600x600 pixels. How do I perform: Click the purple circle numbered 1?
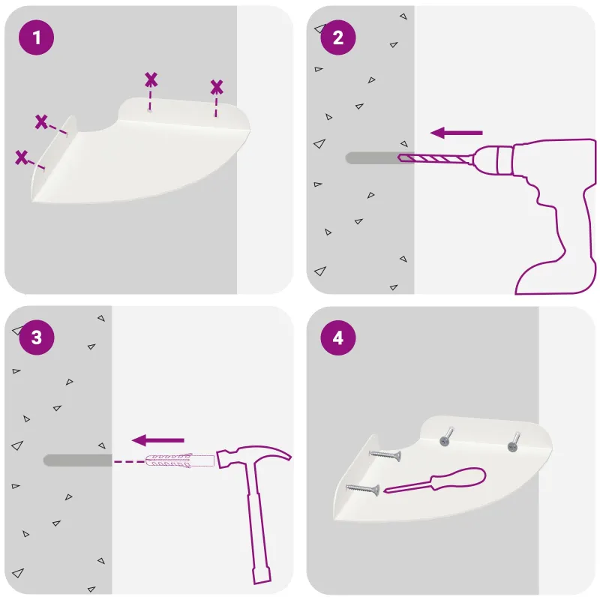pyautogui.click(x=36, y=37)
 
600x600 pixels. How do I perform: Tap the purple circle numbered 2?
pyautogui.click(x=338, y=37)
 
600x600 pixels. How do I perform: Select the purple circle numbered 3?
pyautogui.click(x=36, y=337)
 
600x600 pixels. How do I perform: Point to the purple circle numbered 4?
pyautogui.click(x=338, y=338)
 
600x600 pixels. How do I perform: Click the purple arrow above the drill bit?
pyautogui.click(x=457, y=133)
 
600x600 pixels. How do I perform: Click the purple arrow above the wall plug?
pyautogui.click(x=158, y=440)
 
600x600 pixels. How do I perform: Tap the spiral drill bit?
pyautogui.click(x=434, y=157)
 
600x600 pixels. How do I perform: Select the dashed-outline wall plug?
pyautogui.click(x=179, y=460)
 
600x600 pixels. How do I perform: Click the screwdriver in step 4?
pyautogui.click(x=435, y=481)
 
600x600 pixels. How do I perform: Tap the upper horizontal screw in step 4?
pyautogui.click(x=385, y=455)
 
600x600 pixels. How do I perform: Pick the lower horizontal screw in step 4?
pyautogui.click(x=363, y=489)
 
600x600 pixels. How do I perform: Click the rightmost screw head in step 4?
pyautogui.click(x=512, y=446)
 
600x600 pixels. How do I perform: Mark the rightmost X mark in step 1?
pyautogui.click(x=217, y=87)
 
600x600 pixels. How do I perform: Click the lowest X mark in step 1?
pyautogui.click(x=22, y=157)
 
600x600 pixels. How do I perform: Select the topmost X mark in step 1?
pyautogui.click(x=151, y=79)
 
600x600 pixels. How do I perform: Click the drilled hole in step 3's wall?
pyautogui.click(x=78, y=460)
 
